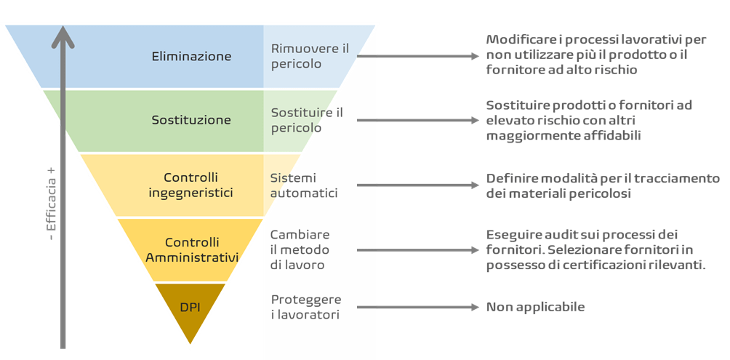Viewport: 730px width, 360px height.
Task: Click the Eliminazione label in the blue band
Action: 192,56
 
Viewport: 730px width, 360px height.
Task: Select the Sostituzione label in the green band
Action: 191,120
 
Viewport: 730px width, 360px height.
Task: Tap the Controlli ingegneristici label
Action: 191,185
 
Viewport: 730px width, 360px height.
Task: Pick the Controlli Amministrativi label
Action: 192,249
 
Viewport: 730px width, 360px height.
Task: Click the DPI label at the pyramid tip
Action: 190,307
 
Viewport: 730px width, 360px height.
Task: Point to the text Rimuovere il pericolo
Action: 305,56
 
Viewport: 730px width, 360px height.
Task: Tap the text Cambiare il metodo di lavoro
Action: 300,249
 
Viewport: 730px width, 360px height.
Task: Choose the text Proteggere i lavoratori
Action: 306,307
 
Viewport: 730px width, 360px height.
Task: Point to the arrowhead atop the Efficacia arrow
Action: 64,35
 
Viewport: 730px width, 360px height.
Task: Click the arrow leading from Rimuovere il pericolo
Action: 418,56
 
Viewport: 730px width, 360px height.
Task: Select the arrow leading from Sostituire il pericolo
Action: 418,120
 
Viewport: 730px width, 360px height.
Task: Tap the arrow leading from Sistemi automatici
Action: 418,185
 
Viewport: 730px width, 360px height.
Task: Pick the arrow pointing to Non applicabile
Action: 418,307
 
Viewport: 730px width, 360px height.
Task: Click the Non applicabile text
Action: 535,307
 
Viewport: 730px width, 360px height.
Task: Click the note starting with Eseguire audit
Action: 595,250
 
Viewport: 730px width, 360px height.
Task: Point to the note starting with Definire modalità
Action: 602,186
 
